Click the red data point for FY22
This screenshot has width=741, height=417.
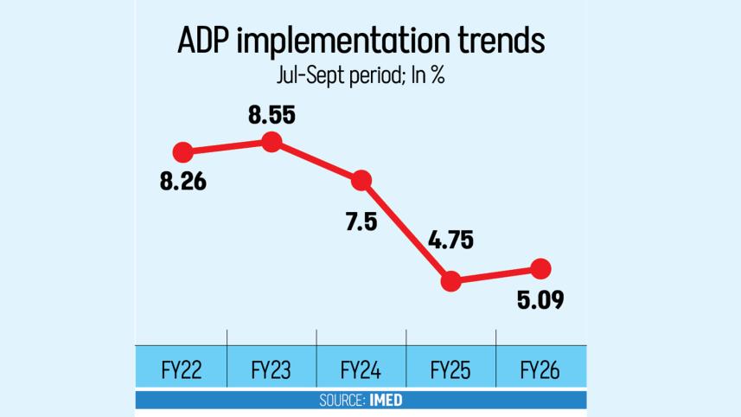pos(182,152)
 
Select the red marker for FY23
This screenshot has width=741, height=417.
pos(271,141)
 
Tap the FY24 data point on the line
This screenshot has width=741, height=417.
pos(361,181)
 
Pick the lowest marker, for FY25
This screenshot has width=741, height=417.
pos(450,280)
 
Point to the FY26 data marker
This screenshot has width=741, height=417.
pos(540,268)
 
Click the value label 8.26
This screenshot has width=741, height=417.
pos(182,183)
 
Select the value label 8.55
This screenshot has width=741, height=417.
pos(271,112)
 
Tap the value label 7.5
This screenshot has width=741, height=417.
pos(361,222)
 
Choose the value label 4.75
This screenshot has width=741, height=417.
pos(449,241)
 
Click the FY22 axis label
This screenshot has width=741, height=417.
pos(182,371)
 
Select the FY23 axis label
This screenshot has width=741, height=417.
pos(271,371)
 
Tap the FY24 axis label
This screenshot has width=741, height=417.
pos(361,371)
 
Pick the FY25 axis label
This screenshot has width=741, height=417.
pos(450,371)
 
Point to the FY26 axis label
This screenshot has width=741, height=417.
pos(540,371)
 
